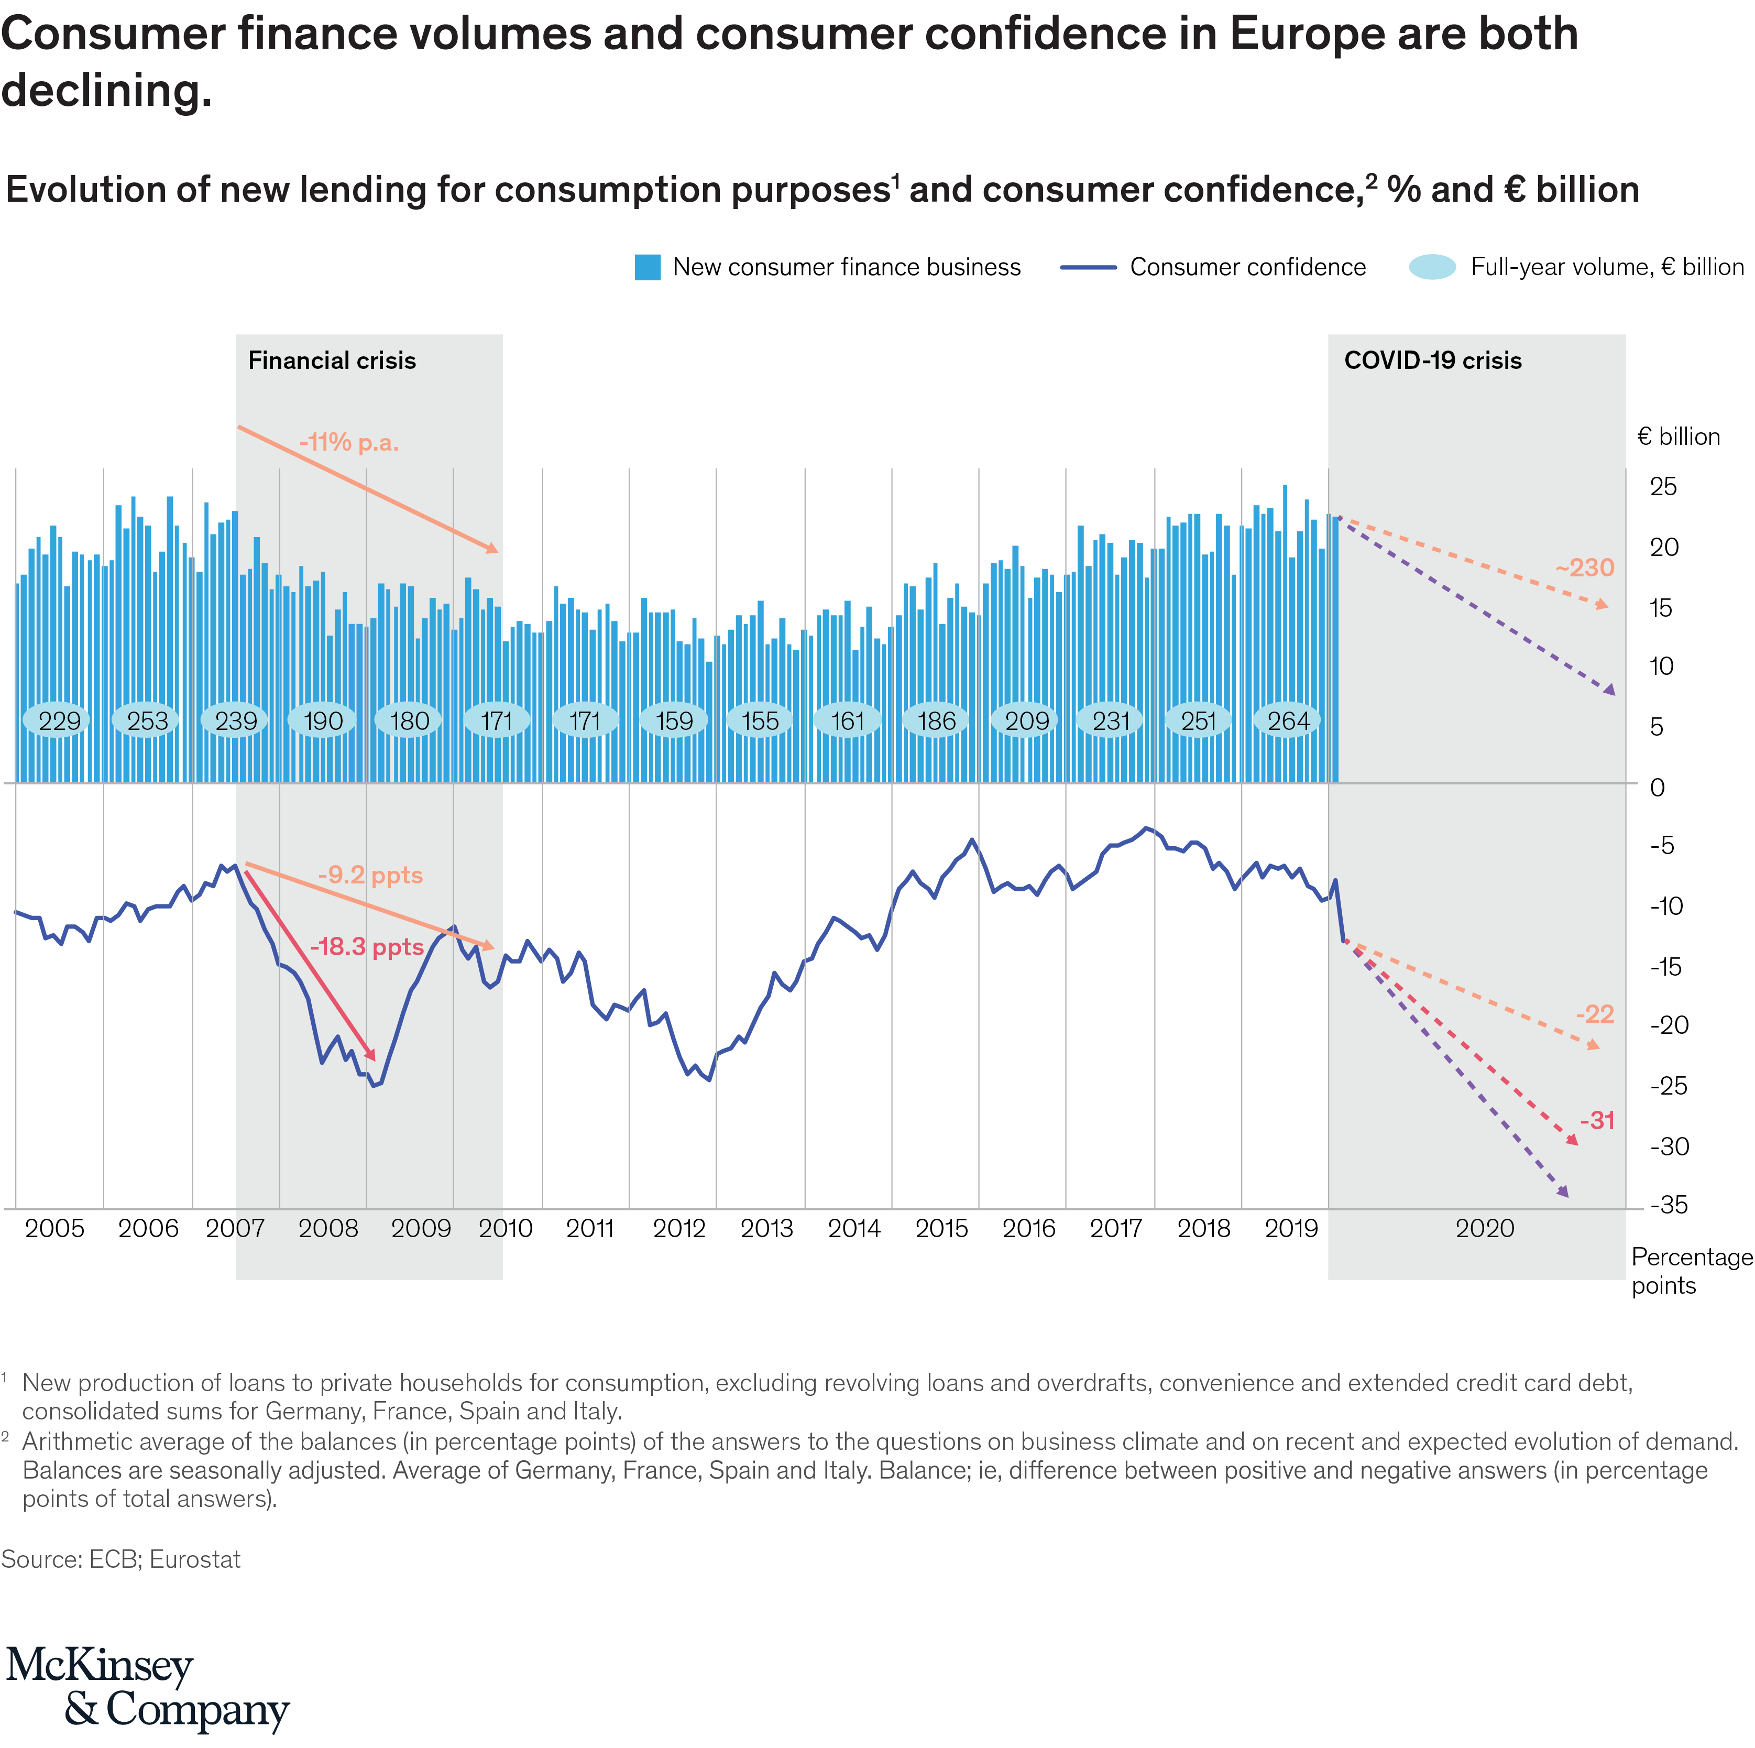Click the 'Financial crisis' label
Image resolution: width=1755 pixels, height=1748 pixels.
click(332, 360)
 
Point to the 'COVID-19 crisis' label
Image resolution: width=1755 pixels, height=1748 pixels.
click(1432, 360)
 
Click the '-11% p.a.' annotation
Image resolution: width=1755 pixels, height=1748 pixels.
click(349, 443)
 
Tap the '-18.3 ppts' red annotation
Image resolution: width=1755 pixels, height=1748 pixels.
click(367, 947)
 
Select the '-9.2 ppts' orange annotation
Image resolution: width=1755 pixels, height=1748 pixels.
click(370, 875)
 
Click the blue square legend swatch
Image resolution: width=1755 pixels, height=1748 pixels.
click(648, 267)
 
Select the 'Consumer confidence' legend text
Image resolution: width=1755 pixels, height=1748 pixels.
click(1247, 267)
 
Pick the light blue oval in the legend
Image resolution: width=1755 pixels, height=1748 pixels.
click(1432, 267)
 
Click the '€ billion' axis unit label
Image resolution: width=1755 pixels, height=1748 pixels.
click(1678, 437)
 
